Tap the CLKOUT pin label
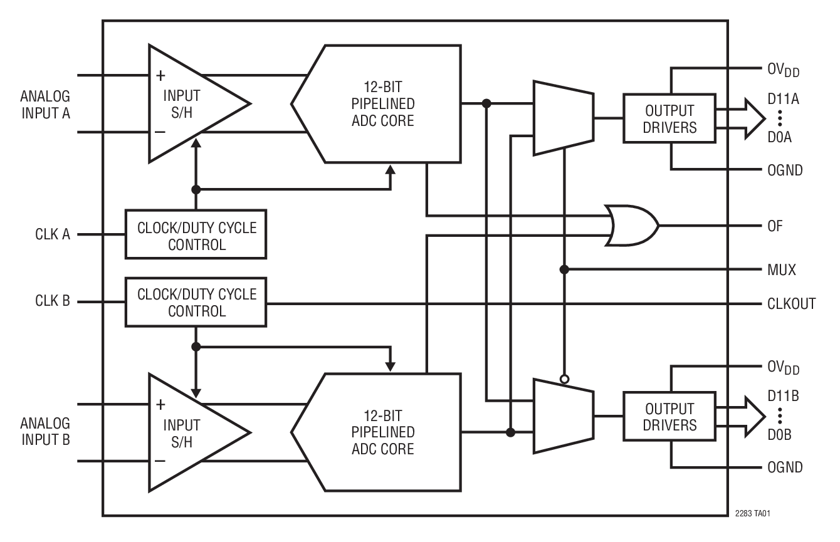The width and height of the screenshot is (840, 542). click(x=791, y=304)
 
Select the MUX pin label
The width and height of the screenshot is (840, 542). click(x=781, y=270)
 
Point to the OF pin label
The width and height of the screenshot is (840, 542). click(x=775, y=226)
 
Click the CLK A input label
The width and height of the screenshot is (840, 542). click(x=53, y=235)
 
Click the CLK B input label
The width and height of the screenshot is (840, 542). click(x=53, y=302)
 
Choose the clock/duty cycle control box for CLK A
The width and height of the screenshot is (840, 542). click(x=196, y=234)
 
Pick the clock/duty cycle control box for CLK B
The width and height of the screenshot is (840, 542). click(x=196, y=302)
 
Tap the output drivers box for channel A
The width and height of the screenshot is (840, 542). click(x=669, y=118)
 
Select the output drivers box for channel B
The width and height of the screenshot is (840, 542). click(x=669, y=417)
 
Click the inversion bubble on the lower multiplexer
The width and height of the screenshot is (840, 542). click(x=564, y=379)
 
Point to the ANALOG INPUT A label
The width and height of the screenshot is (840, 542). click(x=45, y=105)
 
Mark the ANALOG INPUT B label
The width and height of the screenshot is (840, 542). click(x=45, y=431)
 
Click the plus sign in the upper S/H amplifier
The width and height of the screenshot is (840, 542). click(x=160, y=76)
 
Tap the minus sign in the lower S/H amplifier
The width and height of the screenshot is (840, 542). click(x=160, y=461)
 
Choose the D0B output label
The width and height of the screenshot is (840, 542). click(x=779, y=435)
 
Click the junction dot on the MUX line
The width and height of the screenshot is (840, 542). click(x=564, y=269)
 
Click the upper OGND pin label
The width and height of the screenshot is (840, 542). click(x=785, y=170)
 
